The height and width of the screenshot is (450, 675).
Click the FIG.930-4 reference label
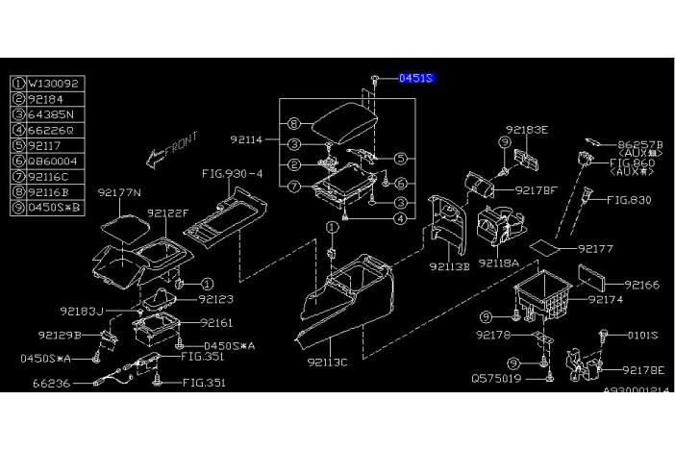(x=231, y=174)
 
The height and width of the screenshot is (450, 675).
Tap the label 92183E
(x=527, y=129)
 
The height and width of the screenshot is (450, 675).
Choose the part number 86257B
(x=640, y=143)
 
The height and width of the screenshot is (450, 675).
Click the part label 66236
(x=51, y=383)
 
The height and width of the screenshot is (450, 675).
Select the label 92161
(x=215, y=324)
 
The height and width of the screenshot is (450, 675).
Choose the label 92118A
(x=499, y=262)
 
